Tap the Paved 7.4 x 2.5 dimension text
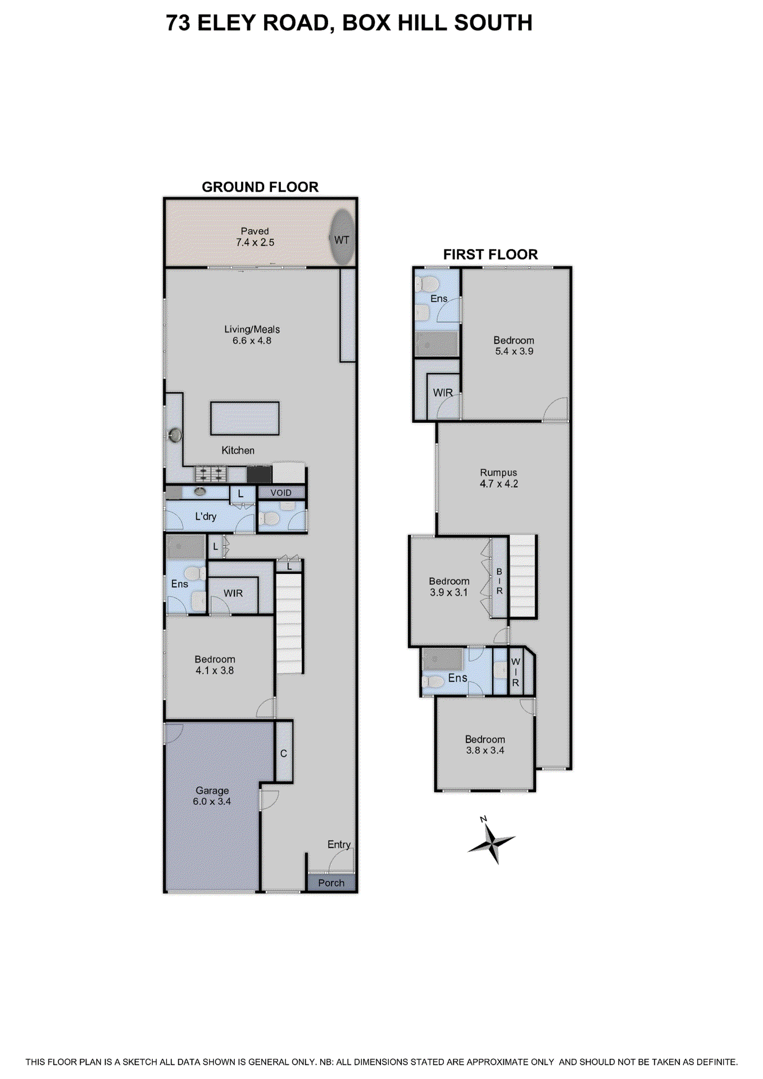pyautogui.click(x=255, y=242)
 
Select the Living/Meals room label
pyautogui.click(x=252, y=329)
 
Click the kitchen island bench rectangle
pyautogui.click(x=244, y=418)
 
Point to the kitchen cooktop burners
pyautogui.click(x=211, y=474)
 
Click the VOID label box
pyautogui.click(x=281, y=493)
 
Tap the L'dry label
pyautogui.click(x=206, y=516)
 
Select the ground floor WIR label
pyautogui.click(x=233, y=593)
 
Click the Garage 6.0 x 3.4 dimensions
pyautogui.click(x=212, y=801)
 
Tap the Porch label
pyautogui.click(x=331, y=883)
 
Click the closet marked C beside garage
pyautogui.click(x=284, y=753)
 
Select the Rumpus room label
pyautogui.click(x=498, y=473)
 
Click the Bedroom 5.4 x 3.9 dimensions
pyautogui.click(x=514, y=351)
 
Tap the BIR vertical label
pyautogui.click(x=499, y=581)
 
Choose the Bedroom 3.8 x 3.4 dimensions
pyautogui.click(x=485, y=750)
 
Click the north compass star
pyautogui.click(x=492, y=842)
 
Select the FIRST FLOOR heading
pyautogui.click(x=490, y=255)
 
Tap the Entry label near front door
pyautogui.click(x=339, y=844)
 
